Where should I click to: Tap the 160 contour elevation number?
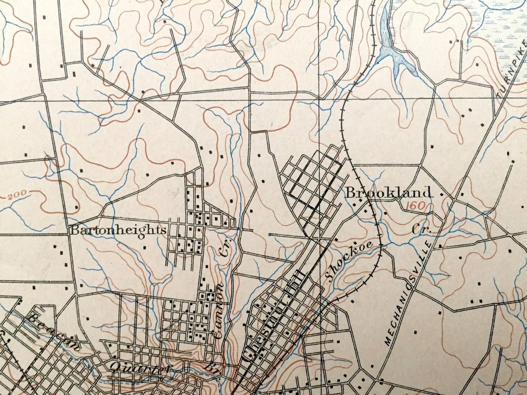[414, 206]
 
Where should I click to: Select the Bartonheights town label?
[118, 230]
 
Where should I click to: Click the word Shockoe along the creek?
[349, 261]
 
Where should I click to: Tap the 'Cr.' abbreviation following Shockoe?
[421, 230]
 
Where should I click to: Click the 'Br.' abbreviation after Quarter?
[210, 368]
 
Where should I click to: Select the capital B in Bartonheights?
[74, 230]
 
